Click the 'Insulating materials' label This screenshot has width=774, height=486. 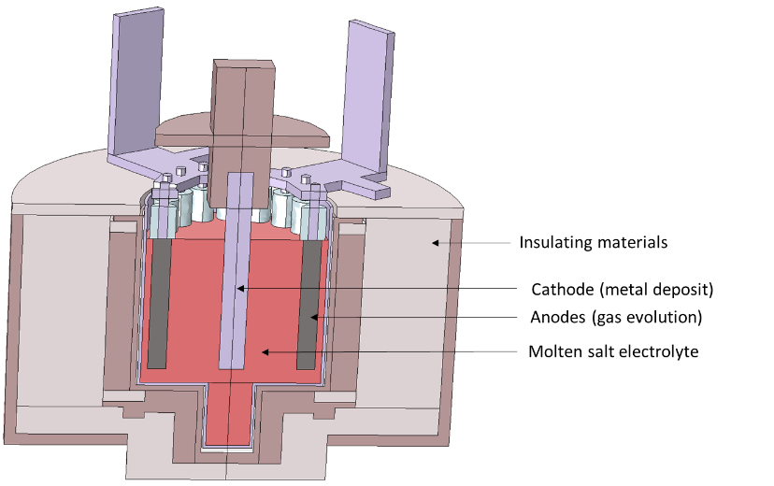tap(593, 243)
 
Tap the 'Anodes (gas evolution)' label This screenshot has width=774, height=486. tap(615, 318)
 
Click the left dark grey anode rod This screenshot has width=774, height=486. tap(160, 299)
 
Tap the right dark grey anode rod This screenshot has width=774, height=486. tap(308, 304)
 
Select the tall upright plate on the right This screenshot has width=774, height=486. tap(366, 93)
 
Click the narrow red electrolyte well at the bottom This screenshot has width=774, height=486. tap(229, 416)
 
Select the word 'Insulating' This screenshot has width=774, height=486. tap(552, 243)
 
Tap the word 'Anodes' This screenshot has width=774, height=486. tap(558, 318)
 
